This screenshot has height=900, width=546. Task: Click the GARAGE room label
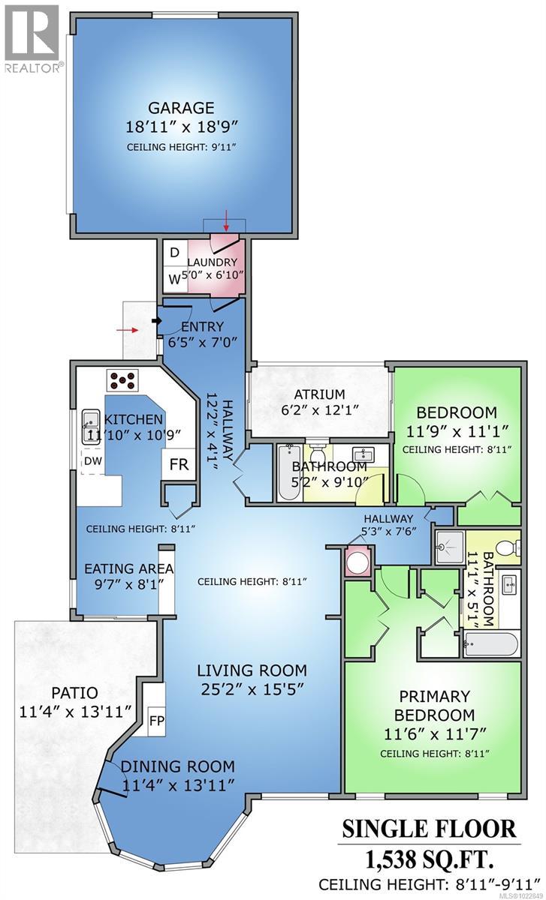coord(180,108)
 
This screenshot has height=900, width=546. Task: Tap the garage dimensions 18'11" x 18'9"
coord(180,127)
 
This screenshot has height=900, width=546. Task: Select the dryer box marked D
coord(173,253)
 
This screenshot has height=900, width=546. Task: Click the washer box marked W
coord(173,280)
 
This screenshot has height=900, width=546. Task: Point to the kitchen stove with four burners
coord(122,381)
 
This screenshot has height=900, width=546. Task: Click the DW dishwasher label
coord(92,460)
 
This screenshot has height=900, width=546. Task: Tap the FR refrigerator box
coord(179,464)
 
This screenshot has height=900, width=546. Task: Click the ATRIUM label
coord(319,394)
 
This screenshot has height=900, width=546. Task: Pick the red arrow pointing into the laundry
coord(226,223)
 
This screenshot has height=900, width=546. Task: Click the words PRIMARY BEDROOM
coord(434,705)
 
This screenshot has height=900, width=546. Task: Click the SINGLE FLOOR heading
coord(429,829)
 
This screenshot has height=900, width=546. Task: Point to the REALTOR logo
coord(31,37)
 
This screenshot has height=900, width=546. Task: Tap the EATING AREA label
coord(128,568)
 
